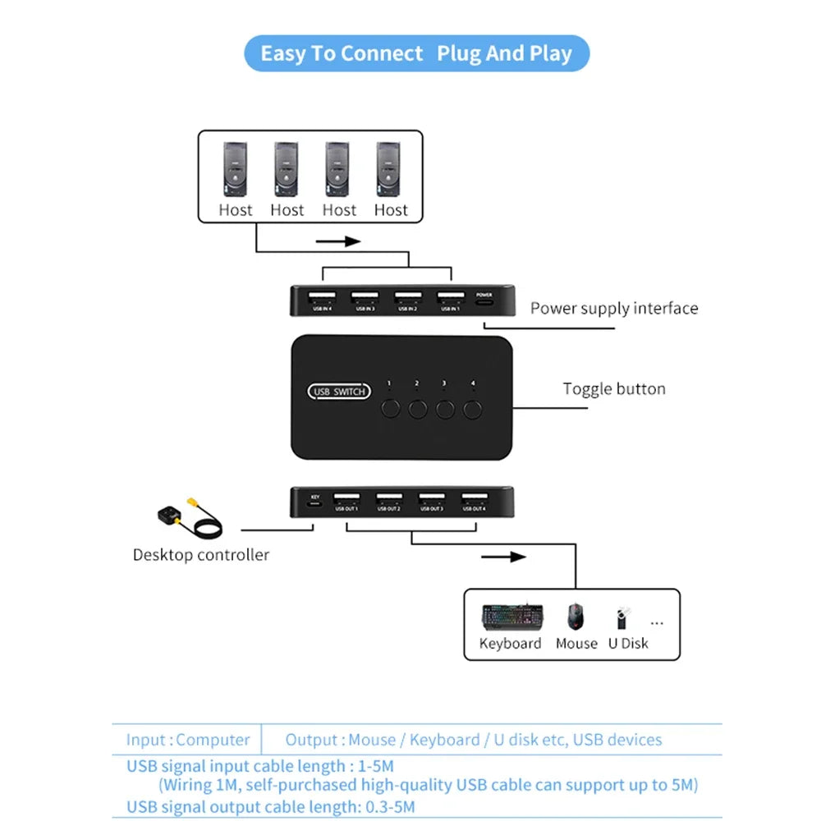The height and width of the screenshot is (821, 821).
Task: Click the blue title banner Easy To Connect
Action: point(416,54)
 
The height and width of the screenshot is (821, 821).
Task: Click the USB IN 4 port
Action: point(322,298)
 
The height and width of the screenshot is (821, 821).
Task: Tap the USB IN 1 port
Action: point(450,298)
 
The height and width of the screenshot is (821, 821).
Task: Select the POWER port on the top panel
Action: point(484,301)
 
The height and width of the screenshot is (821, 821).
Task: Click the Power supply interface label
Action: point(613,309)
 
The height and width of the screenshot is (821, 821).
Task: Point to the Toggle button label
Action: point(613,389)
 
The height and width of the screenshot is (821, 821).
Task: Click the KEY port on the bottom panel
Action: point(314,502)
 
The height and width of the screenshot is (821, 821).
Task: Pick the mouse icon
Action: point(576,616)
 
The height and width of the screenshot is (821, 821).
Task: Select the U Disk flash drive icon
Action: point(621,618)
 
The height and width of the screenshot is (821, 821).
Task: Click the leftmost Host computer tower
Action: point(235,167)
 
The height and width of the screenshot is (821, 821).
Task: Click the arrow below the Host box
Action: point(339,241)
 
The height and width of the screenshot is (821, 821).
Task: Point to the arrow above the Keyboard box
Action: point(502,557)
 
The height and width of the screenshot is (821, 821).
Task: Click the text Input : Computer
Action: point(188,740)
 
